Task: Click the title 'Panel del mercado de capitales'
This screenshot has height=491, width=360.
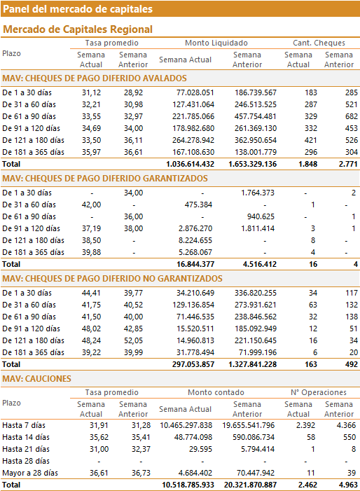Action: [78, 9]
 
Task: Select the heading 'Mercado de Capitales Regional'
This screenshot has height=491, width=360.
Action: [78, 29]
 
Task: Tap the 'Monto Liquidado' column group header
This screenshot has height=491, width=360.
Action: [216, 43]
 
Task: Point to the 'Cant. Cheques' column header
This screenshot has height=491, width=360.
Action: [319, 43]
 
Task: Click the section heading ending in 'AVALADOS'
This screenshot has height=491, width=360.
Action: [95, 78]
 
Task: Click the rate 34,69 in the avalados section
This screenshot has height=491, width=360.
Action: [92, 128]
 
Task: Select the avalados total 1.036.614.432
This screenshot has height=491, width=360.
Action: [190, 164]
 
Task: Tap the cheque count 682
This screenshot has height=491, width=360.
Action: [351, 116]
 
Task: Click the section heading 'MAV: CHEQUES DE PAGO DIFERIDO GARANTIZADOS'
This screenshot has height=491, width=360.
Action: [105, 179]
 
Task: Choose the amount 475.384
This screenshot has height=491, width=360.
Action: [198, 205]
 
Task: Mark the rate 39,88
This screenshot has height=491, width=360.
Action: [92, 252]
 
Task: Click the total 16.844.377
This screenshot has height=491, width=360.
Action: [195, 264]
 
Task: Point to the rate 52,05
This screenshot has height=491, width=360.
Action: [133, 340]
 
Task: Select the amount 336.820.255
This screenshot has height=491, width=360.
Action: [256, 293]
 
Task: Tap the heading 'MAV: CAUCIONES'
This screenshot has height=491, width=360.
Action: [36, 379]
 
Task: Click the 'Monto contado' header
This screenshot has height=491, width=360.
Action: [216, 392]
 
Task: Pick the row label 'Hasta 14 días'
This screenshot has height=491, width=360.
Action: [26, 437]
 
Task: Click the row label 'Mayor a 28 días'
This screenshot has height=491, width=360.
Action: [30, 473]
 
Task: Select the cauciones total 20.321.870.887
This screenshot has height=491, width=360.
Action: [250, 485]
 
